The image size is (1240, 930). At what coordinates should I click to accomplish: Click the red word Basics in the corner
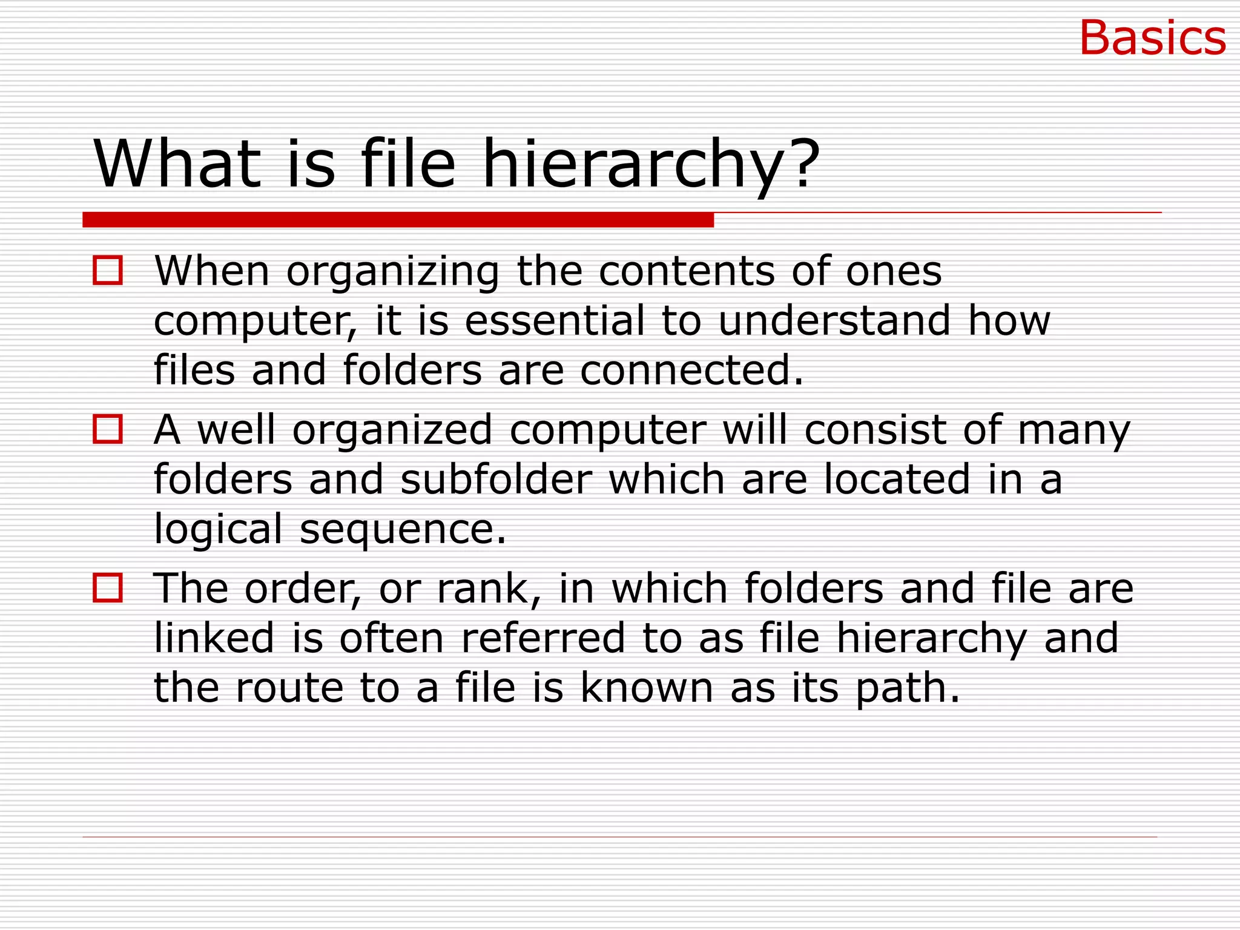tap(1152, 38)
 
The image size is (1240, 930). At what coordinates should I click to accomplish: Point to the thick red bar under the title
tap(398, 220)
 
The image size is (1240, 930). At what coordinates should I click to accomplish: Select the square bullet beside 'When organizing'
tap(108, 270)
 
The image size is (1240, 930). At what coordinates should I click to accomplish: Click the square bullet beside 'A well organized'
tap(108, 429)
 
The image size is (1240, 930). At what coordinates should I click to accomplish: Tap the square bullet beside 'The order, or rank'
tap(108, 588)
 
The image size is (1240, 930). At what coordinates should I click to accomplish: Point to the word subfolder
tap(496, 479)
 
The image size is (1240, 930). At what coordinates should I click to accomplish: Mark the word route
tap(289, 688)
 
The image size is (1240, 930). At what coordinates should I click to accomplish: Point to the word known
tap(647, 688)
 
